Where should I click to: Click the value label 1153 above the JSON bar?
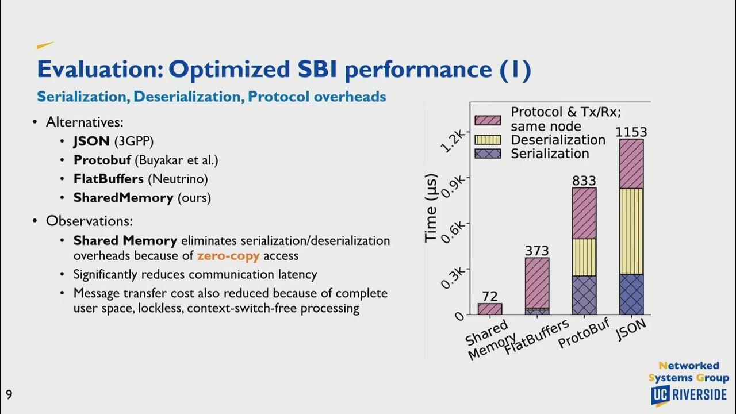[631, 132]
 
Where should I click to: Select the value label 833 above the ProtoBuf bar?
[584, 181]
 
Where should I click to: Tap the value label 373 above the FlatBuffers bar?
[536, 251]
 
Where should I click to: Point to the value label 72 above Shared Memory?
[489, 297]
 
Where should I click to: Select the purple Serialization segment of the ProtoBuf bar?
[584, 295]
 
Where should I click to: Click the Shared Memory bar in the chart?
[489, 309]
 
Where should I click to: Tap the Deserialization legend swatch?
[488, 140]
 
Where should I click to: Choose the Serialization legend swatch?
[488, 154]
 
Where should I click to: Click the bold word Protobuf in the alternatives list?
[102, 160]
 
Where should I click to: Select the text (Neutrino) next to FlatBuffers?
[178, 179]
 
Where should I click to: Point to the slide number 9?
[9, 394]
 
